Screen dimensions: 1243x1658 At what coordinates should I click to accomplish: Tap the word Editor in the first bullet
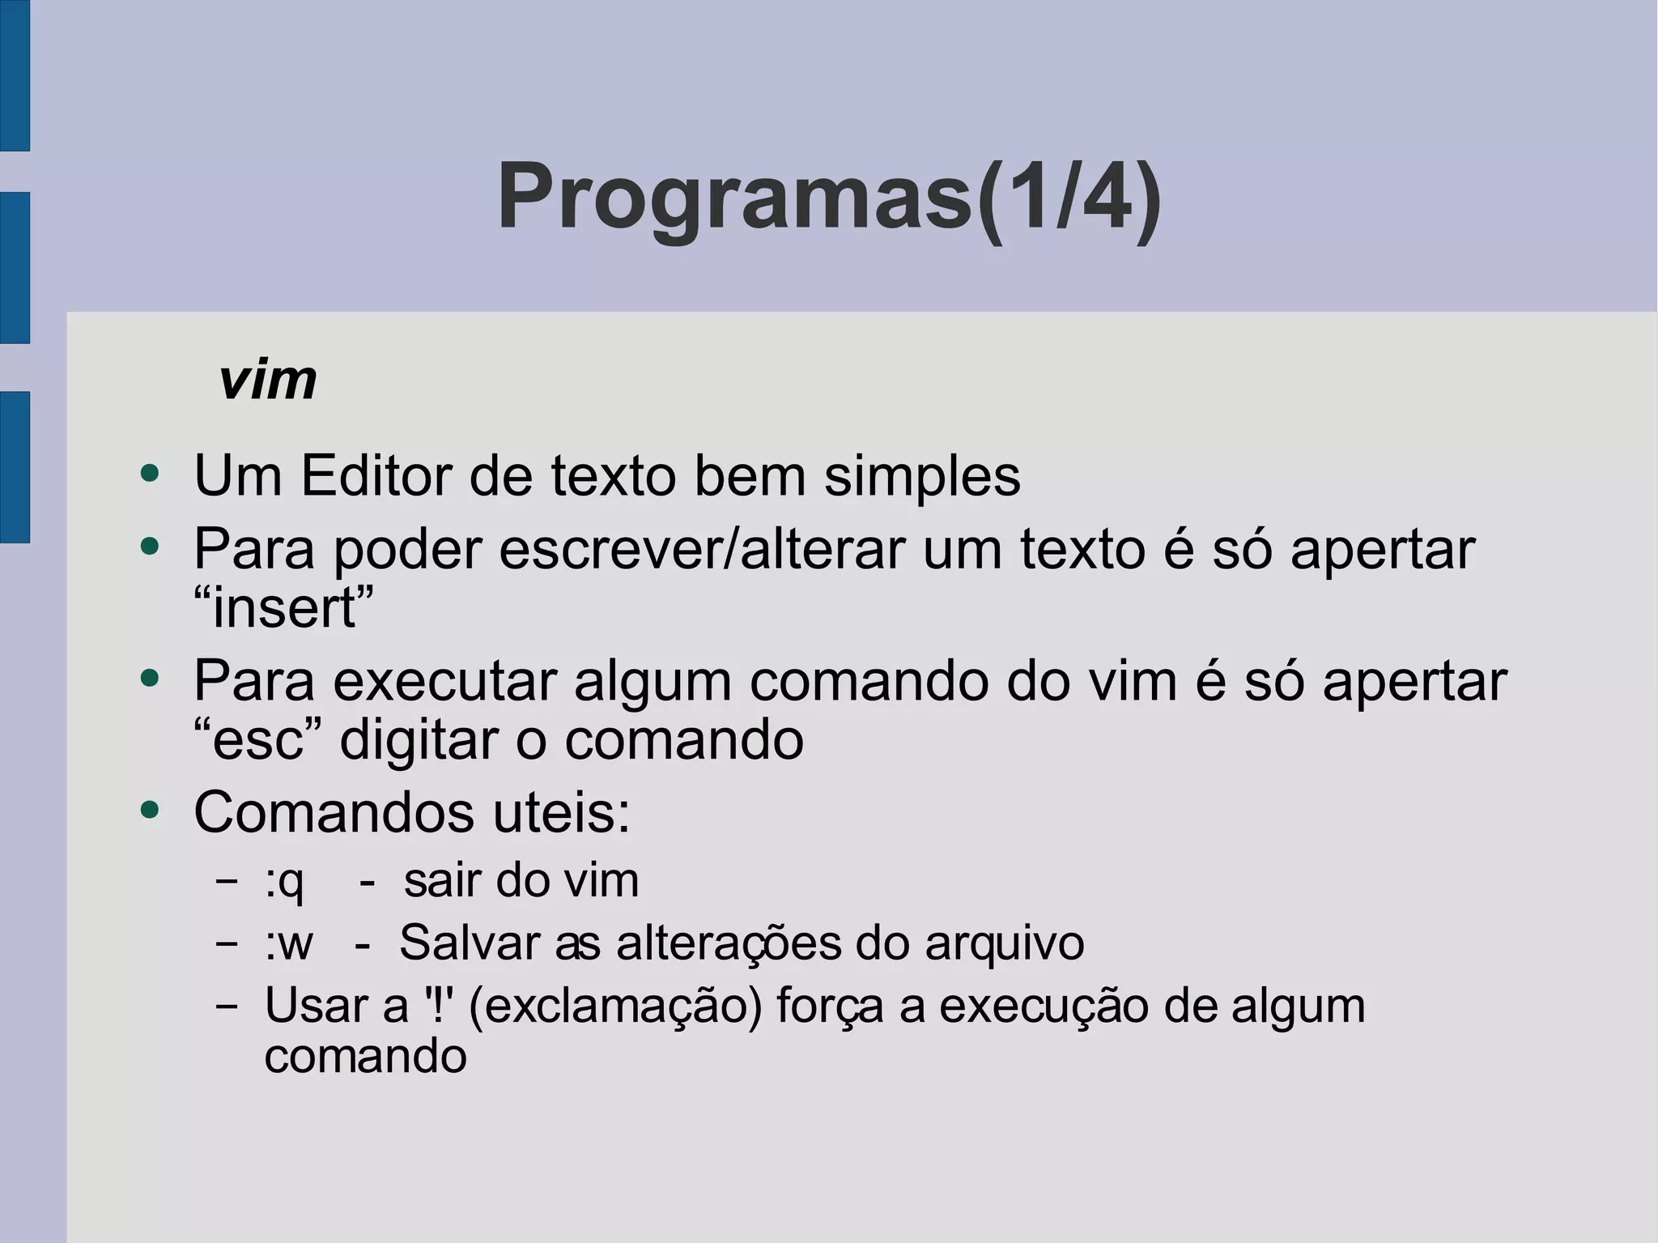(376, 475)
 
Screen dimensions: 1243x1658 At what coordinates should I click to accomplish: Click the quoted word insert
(284, 608)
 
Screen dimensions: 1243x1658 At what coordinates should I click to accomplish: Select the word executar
(444, 682)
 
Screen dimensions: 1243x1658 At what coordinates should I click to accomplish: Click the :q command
(284, 881)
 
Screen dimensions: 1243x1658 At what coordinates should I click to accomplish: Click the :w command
(288, 943)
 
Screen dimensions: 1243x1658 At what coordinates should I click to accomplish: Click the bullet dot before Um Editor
(150, 472)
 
